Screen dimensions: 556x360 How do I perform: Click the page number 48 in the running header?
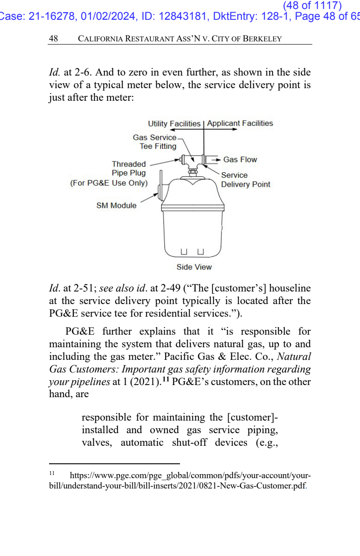53,39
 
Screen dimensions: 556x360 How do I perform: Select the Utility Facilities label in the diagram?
174,123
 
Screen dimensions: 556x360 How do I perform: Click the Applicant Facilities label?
240,123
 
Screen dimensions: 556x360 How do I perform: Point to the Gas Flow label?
240,160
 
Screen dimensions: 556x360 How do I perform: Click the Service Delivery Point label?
245,179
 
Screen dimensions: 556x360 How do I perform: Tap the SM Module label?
116,206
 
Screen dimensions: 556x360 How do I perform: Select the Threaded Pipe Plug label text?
129,169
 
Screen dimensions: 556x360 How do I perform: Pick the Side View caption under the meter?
194,267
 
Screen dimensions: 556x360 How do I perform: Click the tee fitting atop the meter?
193,160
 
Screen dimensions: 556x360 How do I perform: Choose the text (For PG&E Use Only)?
109,183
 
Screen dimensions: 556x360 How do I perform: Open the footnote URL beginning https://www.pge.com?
180,480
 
